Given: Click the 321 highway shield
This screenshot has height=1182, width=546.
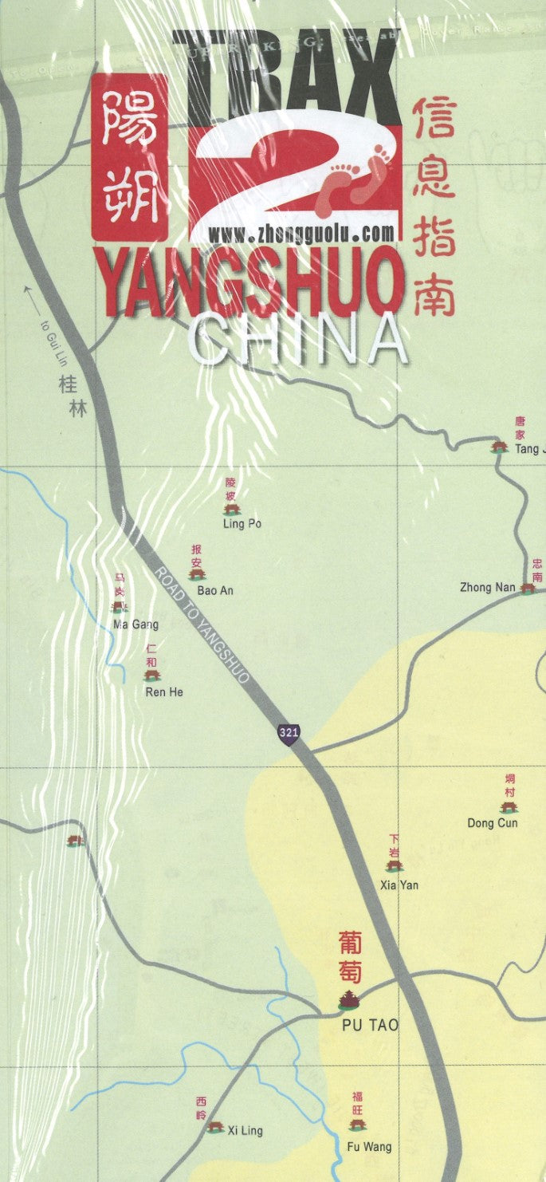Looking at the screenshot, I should point(289,732).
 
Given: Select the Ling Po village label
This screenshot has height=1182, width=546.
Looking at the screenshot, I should point(242,524).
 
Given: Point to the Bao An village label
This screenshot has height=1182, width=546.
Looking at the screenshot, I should point(215,591).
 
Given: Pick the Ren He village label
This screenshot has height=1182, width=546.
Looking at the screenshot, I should point(163,691).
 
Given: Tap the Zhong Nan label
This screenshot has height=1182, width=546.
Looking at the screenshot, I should point(487,588).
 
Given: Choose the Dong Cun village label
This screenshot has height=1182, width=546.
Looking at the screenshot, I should point(492,822).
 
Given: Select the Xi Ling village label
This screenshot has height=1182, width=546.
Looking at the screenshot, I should point(245,1130).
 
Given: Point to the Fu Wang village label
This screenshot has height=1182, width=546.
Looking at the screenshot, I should point(369,1147).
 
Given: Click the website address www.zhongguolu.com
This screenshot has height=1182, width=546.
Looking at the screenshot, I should point(302,233).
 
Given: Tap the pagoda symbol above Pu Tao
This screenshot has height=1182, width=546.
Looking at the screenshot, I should point(348,999).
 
